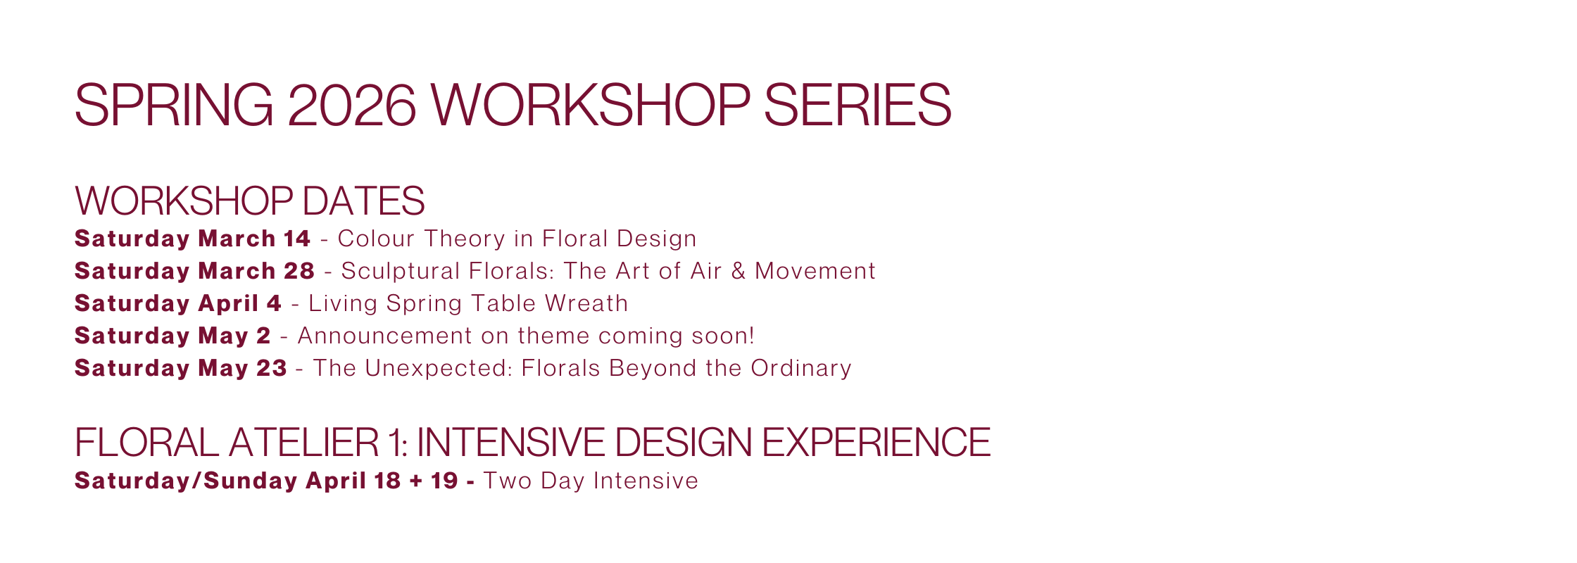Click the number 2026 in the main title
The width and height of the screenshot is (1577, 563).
(x=351, y=106)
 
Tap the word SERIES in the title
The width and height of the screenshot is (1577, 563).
(x=857, y=106)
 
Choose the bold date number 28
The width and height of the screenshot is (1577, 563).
(x=299, y=271)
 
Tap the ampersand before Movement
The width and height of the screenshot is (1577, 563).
(x=739, y=271)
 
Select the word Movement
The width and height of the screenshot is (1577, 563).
(x=815, y=271)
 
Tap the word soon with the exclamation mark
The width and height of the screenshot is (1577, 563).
(x=723, y=336)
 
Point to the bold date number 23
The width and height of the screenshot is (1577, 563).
(x=272, y=368)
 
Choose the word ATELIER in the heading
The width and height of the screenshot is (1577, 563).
(x=303, y=442)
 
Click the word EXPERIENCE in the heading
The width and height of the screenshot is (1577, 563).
(x=876, y=442)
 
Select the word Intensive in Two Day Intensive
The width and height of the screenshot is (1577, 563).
(x=646, y=481)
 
